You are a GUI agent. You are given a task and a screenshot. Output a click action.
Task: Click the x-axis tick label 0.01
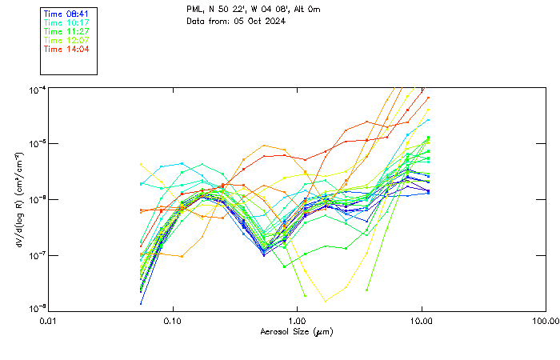48,321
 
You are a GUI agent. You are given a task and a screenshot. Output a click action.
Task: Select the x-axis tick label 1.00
297,321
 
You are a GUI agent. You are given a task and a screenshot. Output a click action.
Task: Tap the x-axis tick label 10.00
421,321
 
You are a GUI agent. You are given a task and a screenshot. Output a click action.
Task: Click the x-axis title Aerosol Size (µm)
296,331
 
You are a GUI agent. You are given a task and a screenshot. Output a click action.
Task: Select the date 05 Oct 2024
260,20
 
